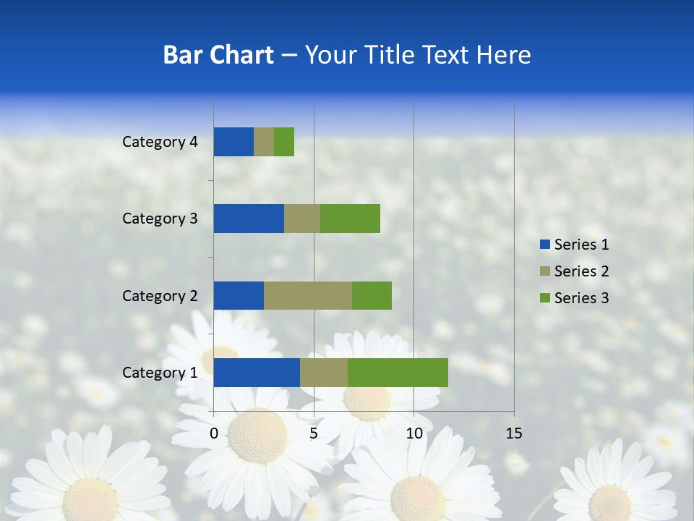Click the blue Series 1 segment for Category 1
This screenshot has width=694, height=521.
point(257,373)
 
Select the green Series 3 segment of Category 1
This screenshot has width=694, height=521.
point(398,373)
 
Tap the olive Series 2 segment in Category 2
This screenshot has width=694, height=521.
point(308,295)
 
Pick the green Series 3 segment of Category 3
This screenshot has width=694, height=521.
point(350,219)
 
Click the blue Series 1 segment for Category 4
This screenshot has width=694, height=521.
point(234,142)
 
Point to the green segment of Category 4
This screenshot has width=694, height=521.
point(284,142)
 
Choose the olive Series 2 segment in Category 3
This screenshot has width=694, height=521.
point(302,219)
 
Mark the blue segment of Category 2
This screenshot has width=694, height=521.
point(239,295)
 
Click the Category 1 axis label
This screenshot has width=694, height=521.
point(160,373)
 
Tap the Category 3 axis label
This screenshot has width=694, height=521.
point(160,219)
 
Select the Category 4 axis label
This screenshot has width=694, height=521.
point(160,142)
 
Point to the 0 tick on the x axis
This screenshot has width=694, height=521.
point(214,433)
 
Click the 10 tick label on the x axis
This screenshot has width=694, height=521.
point(414,433)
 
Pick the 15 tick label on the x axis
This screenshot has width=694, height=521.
point(514,433)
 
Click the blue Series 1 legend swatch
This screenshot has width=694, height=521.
point(544,245)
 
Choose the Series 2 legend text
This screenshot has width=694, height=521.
point(581,271)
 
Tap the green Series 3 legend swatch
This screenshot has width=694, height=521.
point(544,298)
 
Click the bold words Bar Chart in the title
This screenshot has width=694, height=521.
point(218,55)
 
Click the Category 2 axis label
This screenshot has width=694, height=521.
point(160,295)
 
